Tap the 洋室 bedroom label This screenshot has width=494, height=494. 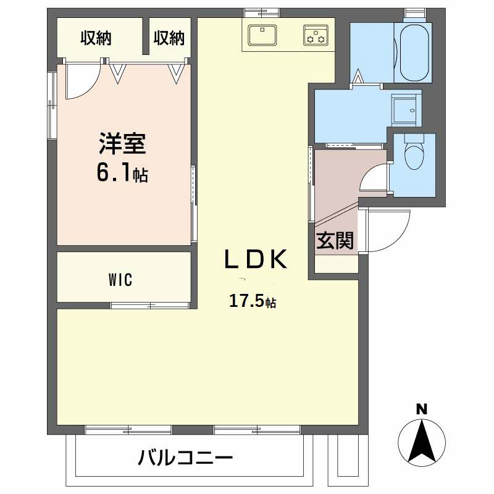(x=122, y=143)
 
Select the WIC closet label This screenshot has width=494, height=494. (x=120, y=280)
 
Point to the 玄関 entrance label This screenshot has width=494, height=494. (x=335, y=241)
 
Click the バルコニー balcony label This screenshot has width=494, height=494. (x=185, y=458)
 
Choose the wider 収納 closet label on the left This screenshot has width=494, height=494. (x=96, y=38)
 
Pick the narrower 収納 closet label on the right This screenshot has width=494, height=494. (x=169, y=38)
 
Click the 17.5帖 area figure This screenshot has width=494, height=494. (x=253, y=301)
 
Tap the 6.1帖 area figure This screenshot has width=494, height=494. (x=122, y=174)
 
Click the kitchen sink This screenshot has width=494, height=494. (x=263, y=35)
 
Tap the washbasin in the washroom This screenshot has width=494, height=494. (x=406, y=107)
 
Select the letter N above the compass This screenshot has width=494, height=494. (x=422, y=409)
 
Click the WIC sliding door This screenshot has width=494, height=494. (x=150, y=304)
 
